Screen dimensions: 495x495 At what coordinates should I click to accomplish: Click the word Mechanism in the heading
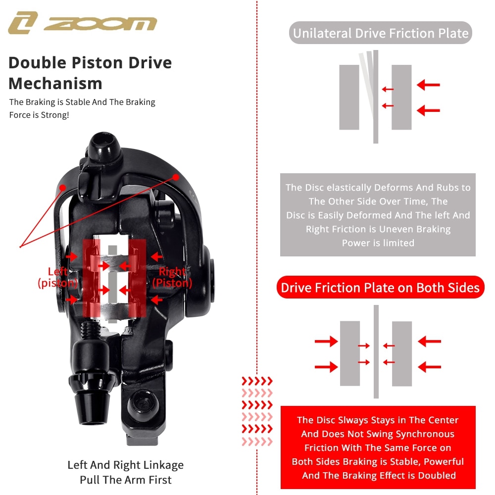55,83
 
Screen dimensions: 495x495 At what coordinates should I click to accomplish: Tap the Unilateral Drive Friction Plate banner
380,34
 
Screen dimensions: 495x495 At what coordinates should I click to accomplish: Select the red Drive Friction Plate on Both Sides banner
380,288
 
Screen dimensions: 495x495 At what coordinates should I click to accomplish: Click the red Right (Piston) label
172,277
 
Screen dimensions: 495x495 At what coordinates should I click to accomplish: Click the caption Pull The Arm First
126,480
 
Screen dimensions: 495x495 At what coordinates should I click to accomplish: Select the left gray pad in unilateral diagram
349,98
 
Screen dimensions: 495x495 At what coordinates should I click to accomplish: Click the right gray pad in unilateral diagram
401,98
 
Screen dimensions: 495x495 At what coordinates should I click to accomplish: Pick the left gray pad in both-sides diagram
349,353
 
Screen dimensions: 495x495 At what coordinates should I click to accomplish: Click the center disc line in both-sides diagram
376,351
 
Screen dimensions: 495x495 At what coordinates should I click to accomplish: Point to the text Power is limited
378,243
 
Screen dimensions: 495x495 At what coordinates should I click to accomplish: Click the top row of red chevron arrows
257,381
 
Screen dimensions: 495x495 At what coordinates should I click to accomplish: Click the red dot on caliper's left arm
63,187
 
